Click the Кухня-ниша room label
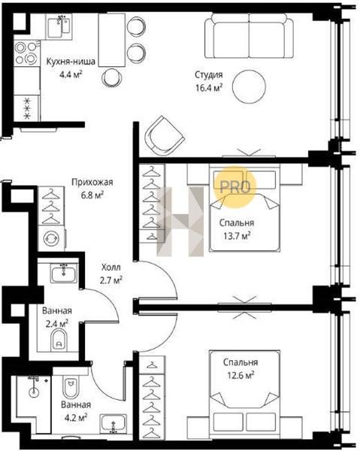[71, 62]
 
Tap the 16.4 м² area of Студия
[209, 87]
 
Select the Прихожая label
[92, 182]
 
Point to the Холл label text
[111, 267]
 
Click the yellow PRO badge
[235, 187]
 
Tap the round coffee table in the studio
[249, 86]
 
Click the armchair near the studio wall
[164, 136]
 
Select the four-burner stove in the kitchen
[26, 53]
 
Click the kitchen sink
[59, 26]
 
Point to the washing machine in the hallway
[51, 238]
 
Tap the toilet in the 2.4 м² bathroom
[59, 340]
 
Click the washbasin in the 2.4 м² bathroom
[64, 273]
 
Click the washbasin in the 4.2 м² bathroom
[113, 424]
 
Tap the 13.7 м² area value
[237, 236]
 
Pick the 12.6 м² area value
[241, 375]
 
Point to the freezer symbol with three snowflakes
[27, 108]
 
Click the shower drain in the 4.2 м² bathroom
[34, 392]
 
